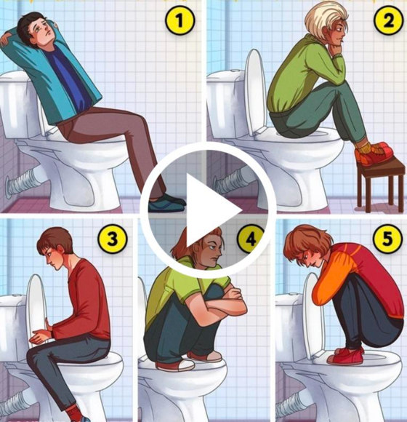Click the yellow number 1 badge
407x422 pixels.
(x=180, y=20)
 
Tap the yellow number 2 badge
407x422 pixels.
(x=389, y=20)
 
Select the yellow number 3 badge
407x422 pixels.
(x=113, y=239)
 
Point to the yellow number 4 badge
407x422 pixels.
(x=251, y=239)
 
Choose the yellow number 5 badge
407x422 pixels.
(x=387, y=239)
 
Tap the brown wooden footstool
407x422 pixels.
(x=381, y=183)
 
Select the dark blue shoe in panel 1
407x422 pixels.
(x=166, y=203)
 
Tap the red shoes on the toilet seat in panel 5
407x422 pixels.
(x=346, y=356)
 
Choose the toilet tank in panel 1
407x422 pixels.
(x=17, y=105)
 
